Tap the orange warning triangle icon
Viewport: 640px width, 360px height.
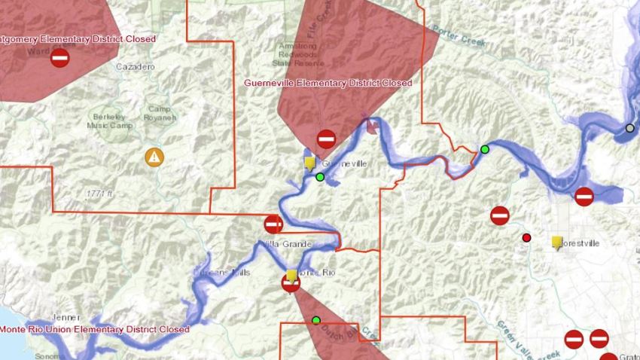tap(154, 157)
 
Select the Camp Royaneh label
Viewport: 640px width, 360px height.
tap(161, 114)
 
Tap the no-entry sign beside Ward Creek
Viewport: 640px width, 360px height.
tap(60, 58)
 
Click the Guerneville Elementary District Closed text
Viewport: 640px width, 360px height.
tap(328, 83)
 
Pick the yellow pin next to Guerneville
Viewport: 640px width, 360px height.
tap(309, 163)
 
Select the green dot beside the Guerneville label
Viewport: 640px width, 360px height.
tap(320, 177)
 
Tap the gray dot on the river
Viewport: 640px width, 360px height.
tap(630, 128)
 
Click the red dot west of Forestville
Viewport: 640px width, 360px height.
tap(526, 238)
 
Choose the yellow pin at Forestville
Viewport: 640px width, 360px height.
tap(557, 242)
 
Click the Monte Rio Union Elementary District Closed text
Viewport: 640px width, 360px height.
tap(94, 329)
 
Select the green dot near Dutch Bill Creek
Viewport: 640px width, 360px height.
tap(316, 320)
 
